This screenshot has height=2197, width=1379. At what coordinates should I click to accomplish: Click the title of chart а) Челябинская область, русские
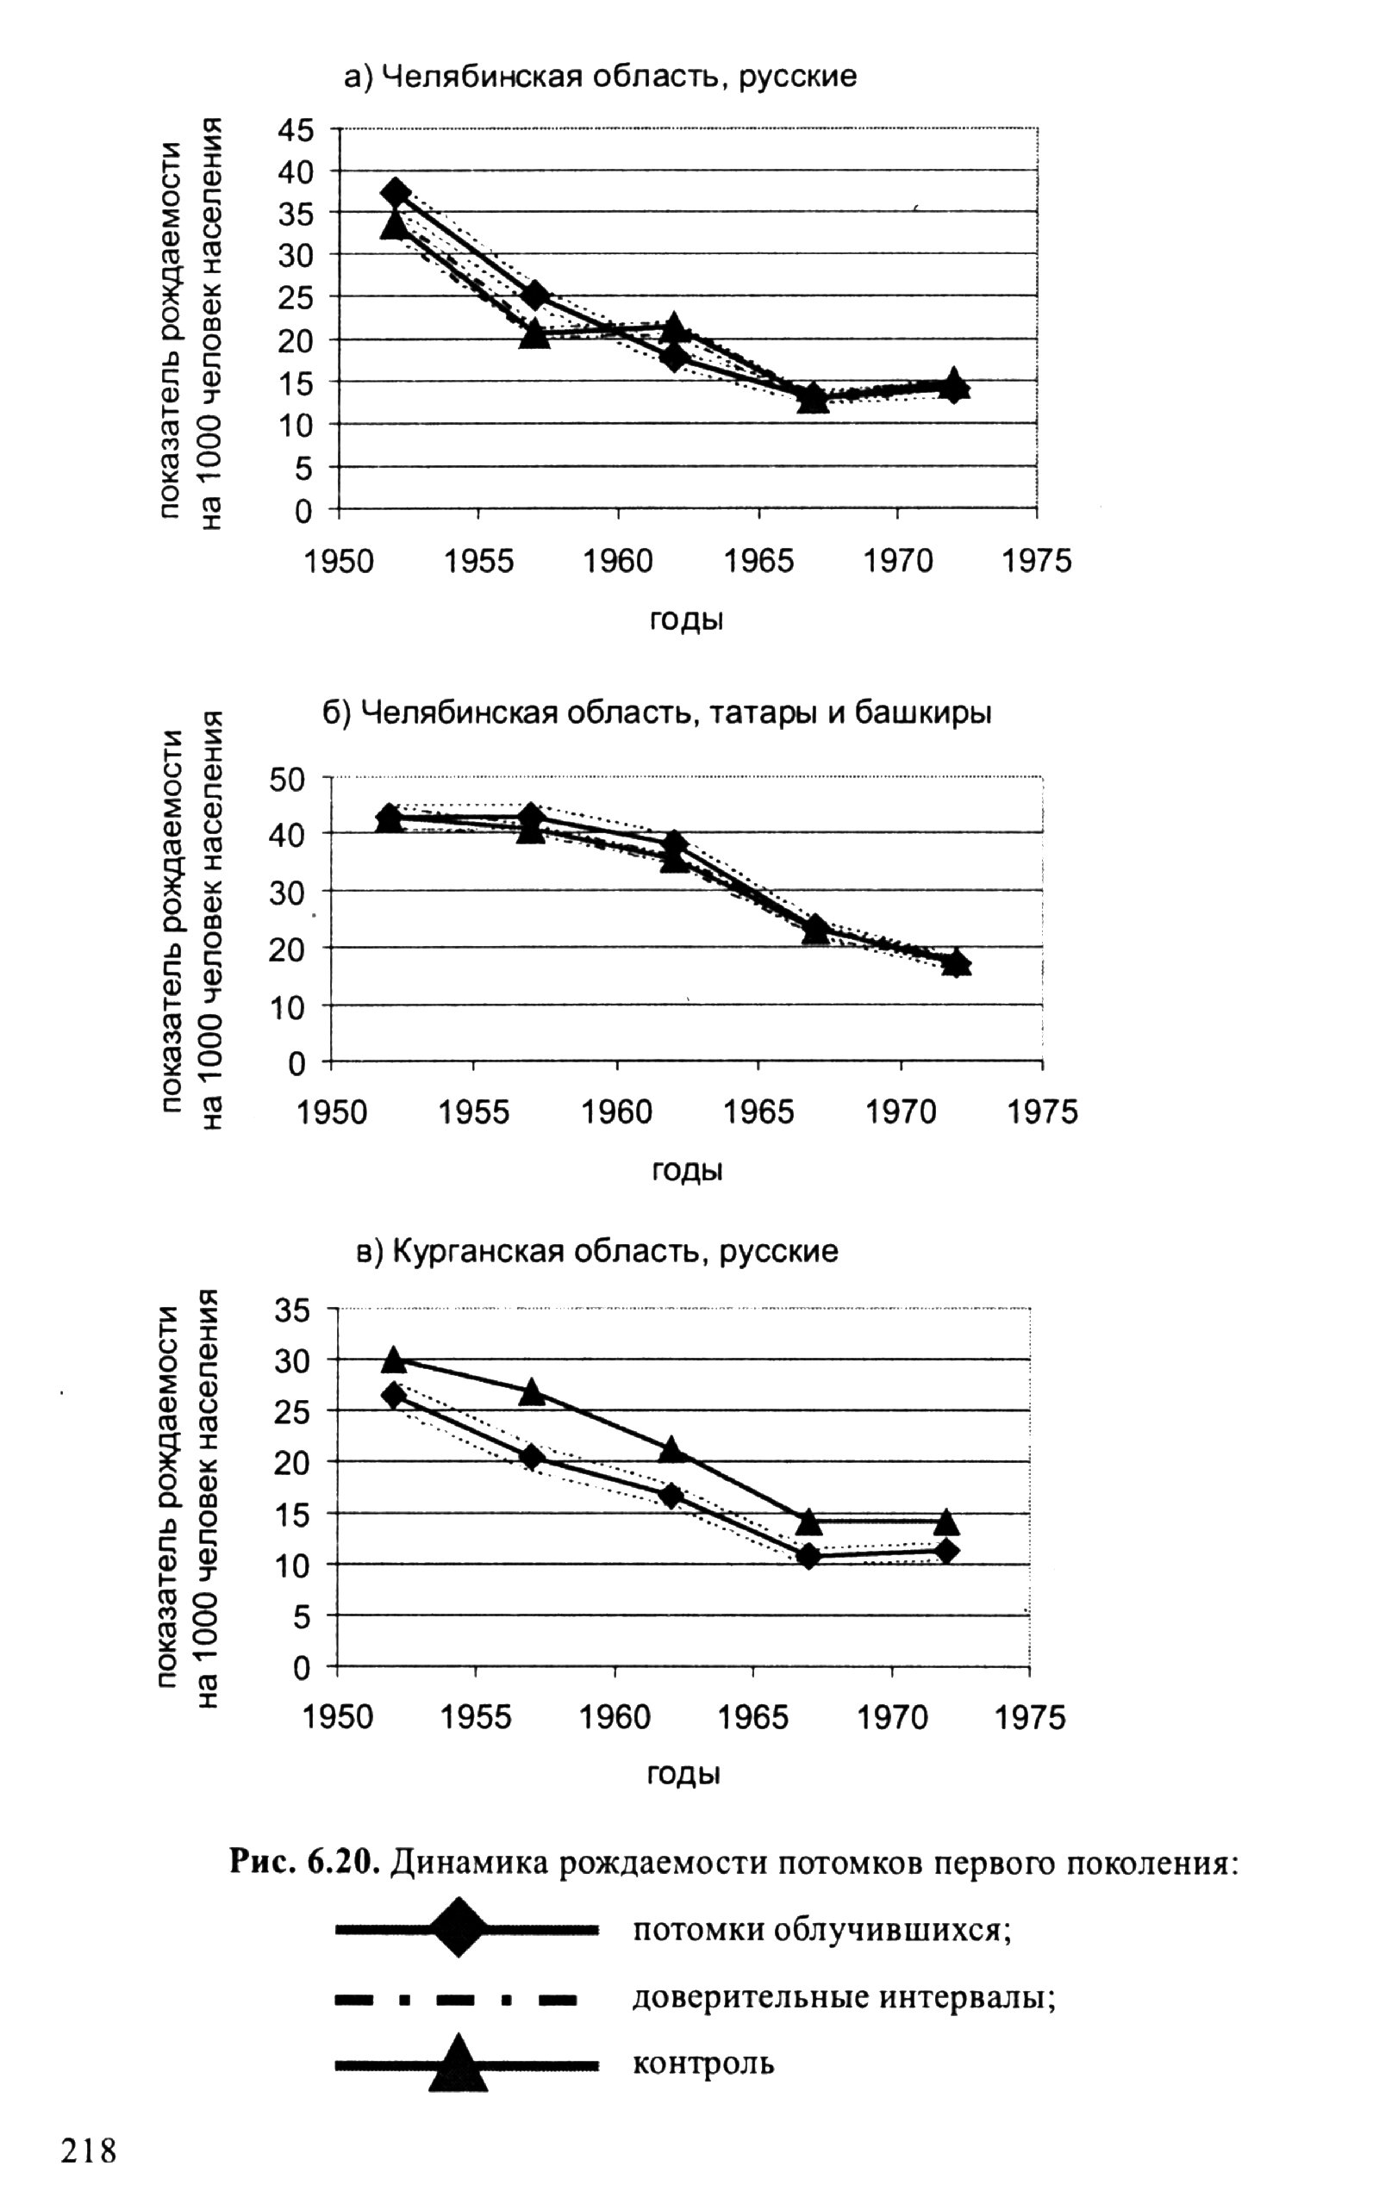tap(600, 76)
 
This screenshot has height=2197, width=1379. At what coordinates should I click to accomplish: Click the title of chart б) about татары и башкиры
tap(658, 712)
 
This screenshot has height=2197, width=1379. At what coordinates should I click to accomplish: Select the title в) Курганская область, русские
tap(596, 1250)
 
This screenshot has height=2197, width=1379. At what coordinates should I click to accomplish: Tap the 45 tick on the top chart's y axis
tap(295, 130)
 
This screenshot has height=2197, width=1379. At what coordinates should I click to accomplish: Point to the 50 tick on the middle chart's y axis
tap(289, 780)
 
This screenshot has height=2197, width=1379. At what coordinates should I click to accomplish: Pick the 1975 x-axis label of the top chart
tap(1037, 561)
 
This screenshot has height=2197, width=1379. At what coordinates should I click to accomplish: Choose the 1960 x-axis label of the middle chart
tap(617, 1112)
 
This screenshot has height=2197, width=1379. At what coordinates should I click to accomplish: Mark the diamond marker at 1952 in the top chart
tap(396, 191)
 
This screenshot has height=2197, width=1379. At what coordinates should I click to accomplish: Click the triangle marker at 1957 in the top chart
tap(535, 334)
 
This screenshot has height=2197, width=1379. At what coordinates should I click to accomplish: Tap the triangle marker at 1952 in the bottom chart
tap(393, 1360)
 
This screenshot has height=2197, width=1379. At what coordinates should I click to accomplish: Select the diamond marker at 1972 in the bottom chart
tap(946, 1551)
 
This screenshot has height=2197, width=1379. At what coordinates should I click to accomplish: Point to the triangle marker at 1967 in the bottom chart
tap(808, 1522)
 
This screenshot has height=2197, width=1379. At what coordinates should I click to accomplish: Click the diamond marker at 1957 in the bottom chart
tap(533, 1457)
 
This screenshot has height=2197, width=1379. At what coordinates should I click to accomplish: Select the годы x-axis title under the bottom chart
tap(683, 1773)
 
